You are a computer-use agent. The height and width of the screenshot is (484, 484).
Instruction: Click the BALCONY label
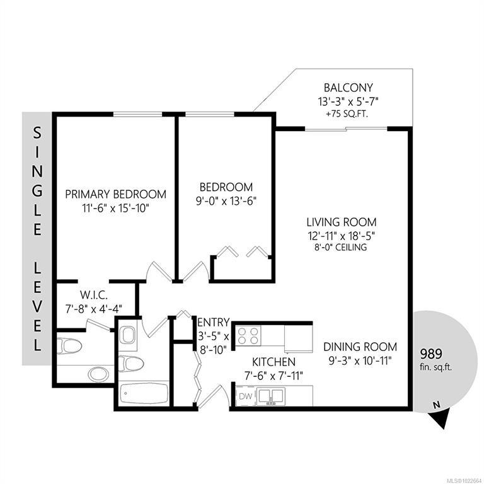[348, 88]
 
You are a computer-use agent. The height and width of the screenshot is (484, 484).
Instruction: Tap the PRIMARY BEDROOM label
[116, 195]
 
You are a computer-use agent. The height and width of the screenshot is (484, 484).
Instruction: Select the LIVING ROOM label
[342, 222]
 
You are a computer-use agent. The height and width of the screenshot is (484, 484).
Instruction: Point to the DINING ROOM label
[360, 347]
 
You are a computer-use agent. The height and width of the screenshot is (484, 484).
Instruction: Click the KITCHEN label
[274, 362]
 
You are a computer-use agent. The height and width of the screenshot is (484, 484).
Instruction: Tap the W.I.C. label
[94, 295]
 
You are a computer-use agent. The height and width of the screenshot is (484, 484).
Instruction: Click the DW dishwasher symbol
[245, 396]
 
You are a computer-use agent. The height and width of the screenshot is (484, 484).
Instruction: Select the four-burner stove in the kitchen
[248, 335]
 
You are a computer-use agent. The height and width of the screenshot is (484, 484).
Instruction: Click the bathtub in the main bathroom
[144, 395]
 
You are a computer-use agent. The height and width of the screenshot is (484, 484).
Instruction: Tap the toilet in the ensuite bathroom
[70, 347]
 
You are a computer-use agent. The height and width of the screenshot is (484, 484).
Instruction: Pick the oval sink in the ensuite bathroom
[98, 374]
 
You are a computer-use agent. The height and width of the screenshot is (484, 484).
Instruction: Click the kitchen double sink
[271, 396]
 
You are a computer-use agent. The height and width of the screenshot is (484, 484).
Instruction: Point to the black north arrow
[440, 419]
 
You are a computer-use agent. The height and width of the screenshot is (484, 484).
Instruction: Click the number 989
[431, 354]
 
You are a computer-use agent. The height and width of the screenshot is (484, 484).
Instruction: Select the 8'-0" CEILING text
[341, 247]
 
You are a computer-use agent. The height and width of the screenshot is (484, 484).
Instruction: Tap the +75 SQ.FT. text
[348, 114]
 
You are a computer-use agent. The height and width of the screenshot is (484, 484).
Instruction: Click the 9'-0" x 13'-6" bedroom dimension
[226, 202]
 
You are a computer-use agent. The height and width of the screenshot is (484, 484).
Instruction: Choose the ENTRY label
[213, 322]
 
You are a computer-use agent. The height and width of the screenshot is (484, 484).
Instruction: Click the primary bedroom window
[137, 114]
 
